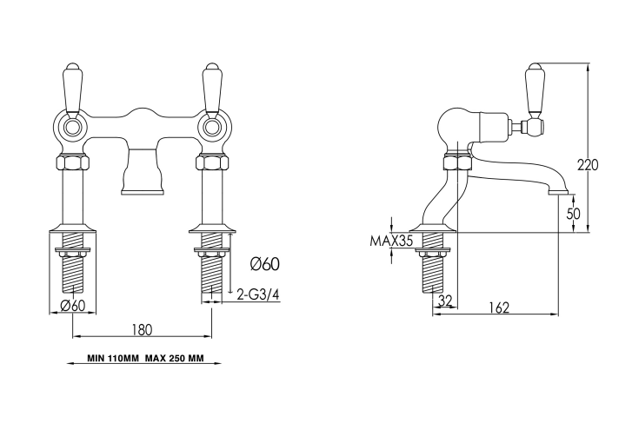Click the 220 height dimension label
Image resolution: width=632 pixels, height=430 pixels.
click(x=588, y=165)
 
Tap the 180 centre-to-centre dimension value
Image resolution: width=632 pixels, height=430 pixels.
click(x=143, y=330)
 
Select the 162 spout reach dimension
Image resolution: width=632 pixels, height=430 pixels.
click(x=500, y=308)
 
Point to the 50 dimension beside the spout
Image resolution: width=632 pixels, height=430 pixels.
click(x=573, y=214)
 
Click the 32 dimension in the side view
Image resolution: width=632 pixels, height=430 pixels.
click(x=445, y=301)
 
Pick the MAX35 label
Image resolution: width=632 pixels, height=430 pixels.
click(x=391, y=241)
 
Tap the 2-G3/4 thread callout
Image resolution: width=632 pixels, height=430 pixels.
click(x=258, y=295)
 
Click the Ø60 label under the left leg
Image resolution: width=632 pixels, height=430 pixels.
click(x=72, y=306)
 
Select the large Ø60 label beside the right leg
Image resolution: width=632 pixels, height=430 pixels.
click(x=264, y=264)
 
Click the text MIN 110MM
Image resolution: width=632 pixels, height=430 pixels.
click(x=113, y=358)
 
